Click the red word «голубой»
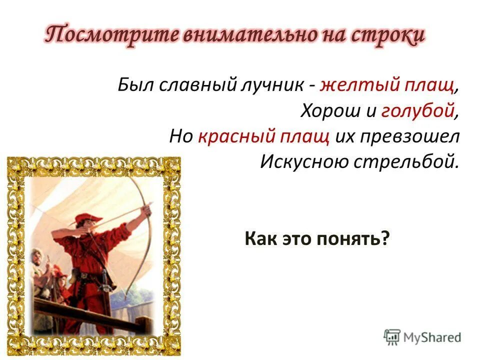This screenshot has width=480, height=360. coord(418,111)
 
